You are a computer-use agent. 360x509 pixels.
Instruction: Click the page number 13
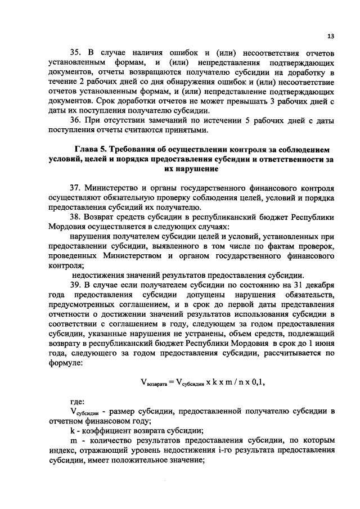coord(330,36)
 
